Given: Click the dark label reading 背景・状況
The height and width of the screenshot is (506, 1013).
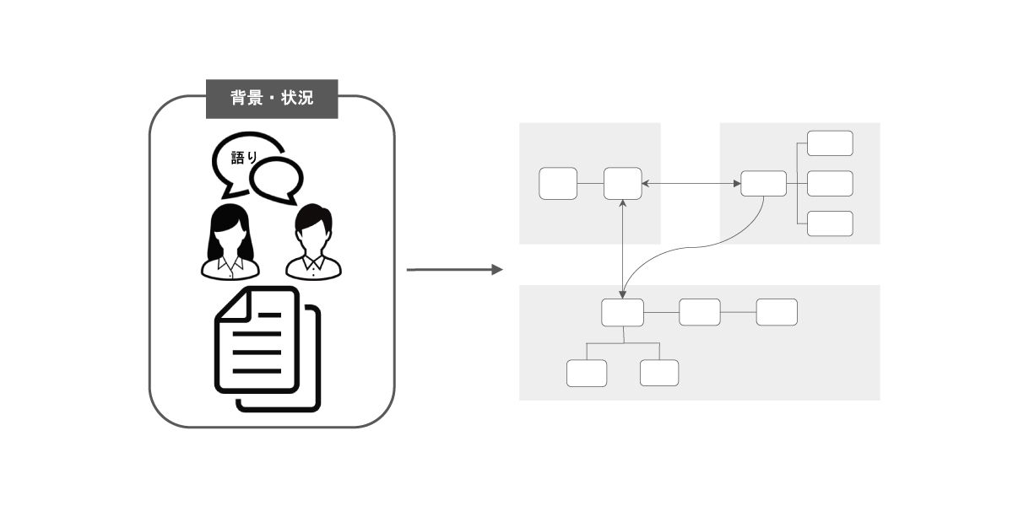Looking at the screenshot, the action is coord(272,99).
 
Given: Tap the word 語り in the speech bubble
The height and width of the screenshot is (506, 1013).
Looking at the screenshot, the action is coord(244,157).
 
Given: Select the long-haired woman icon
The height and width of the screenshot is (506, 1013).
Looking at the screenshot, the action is coord(230,242).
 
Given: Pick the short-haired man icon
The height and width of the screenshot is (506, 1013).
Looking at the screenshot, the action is coord(313,242).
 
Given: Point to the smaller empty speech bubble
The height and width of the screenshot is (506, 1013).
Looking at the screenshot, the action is coord(277,180).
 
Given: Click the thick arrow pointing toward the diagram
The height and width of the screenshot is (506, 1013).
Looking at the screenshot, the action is coord(454,270).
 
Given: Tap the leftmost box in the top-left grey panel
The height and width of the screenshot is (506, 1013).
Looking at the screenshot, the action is coord(558,184).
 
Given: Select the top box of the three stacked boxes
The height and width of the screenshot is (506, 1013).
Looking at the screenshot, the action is coord(830,143).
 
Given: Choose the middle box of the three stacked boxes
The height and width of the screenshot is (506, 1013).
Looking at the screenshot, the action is coord(830,184).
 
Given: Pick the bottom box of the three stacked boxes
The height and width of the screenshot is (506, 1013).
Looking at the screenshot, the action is coord(830,223).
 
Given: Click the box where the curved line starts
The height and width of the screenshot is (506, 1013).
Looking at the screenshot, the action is coord(763,184).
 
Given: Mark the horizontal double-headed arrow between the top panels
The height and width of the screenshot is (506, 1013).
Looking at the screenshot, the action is coord(691,184).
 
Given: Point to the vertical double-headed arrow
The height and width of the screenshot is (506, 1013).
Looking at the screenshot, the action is coord(623,249).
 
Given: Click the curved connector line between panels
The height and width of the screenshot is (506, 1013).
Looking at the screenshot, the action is coord(692,247).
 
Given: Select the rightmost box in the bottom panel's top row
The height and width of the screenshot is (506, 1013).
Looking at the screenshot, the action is coord(777,312).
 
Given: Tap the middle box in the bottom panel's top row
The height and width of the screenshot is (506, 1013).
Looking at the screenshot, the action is coord(700,312).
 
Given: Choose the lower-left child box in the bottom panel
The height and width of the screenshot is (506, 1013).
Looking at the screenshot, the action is coord(587,373).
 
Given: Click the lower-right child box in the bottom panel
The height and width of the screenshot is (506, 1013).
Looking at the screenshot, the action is coord(659,373).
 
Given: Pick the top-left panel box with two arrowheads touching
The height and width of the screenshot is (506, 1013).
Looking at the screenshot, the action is coord(623,184).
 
